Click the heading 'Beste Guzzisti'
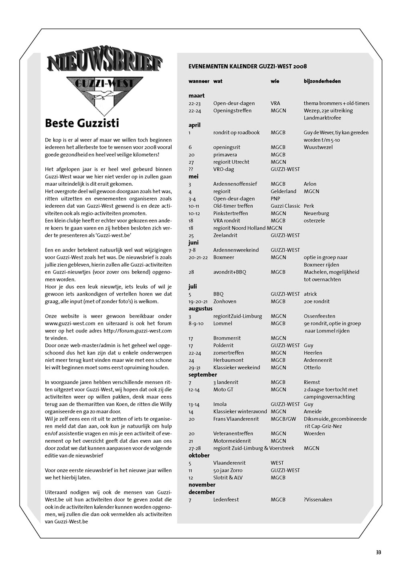pos(82,123)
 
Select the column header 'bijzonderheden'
pos(322,81)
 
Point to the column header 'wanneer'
pos(199,81)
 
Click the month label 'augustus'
pos(200,309)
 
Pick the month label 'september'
pos(203,375)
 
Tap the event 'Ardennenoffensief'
pos(235,184)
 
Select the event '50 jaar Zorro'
pos(228,470)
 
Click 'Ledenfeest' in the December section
pos(226,500)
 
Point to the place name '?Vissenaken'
pos(318,500)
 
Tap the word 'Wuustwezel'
pos(318,147)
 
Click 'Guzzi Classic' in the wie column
pos(285,206)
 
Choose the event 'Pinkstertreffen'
pos(231,213)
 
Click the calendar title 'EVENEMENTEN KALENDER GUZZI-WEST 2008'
pos(247,67)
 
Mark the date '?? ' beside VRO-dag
pos(192,169)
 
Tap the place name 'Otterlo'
pos(312,367)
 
